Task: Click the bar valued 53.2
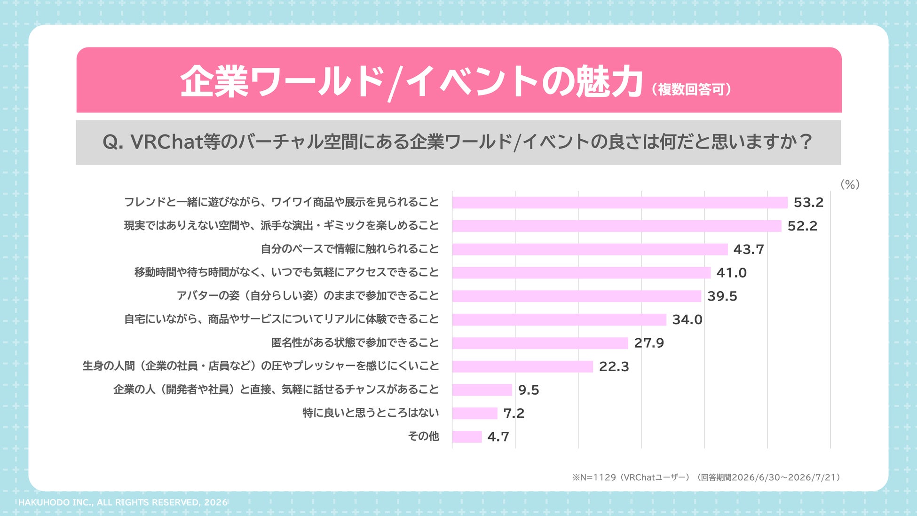620,202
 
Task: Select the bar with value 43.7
590,249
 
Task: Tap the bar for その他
467,437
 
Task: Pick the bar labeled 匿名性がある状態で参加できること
540,343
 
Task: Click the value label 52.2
802,226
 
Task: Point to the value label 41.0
731,273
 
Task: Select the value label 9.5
529,390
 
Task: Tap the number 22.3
614,366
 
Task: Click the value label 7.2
514,413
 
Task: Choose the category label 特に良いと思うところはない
371,413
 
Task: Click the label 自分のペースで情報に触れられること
350,249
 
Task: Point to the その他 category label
423,437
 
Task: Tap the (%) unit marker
850,184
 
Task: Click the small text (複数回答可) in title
691,89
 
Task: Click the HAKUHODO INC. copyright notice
123,502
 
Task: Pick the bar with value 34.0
559,320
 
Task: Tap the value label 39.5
722,296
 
